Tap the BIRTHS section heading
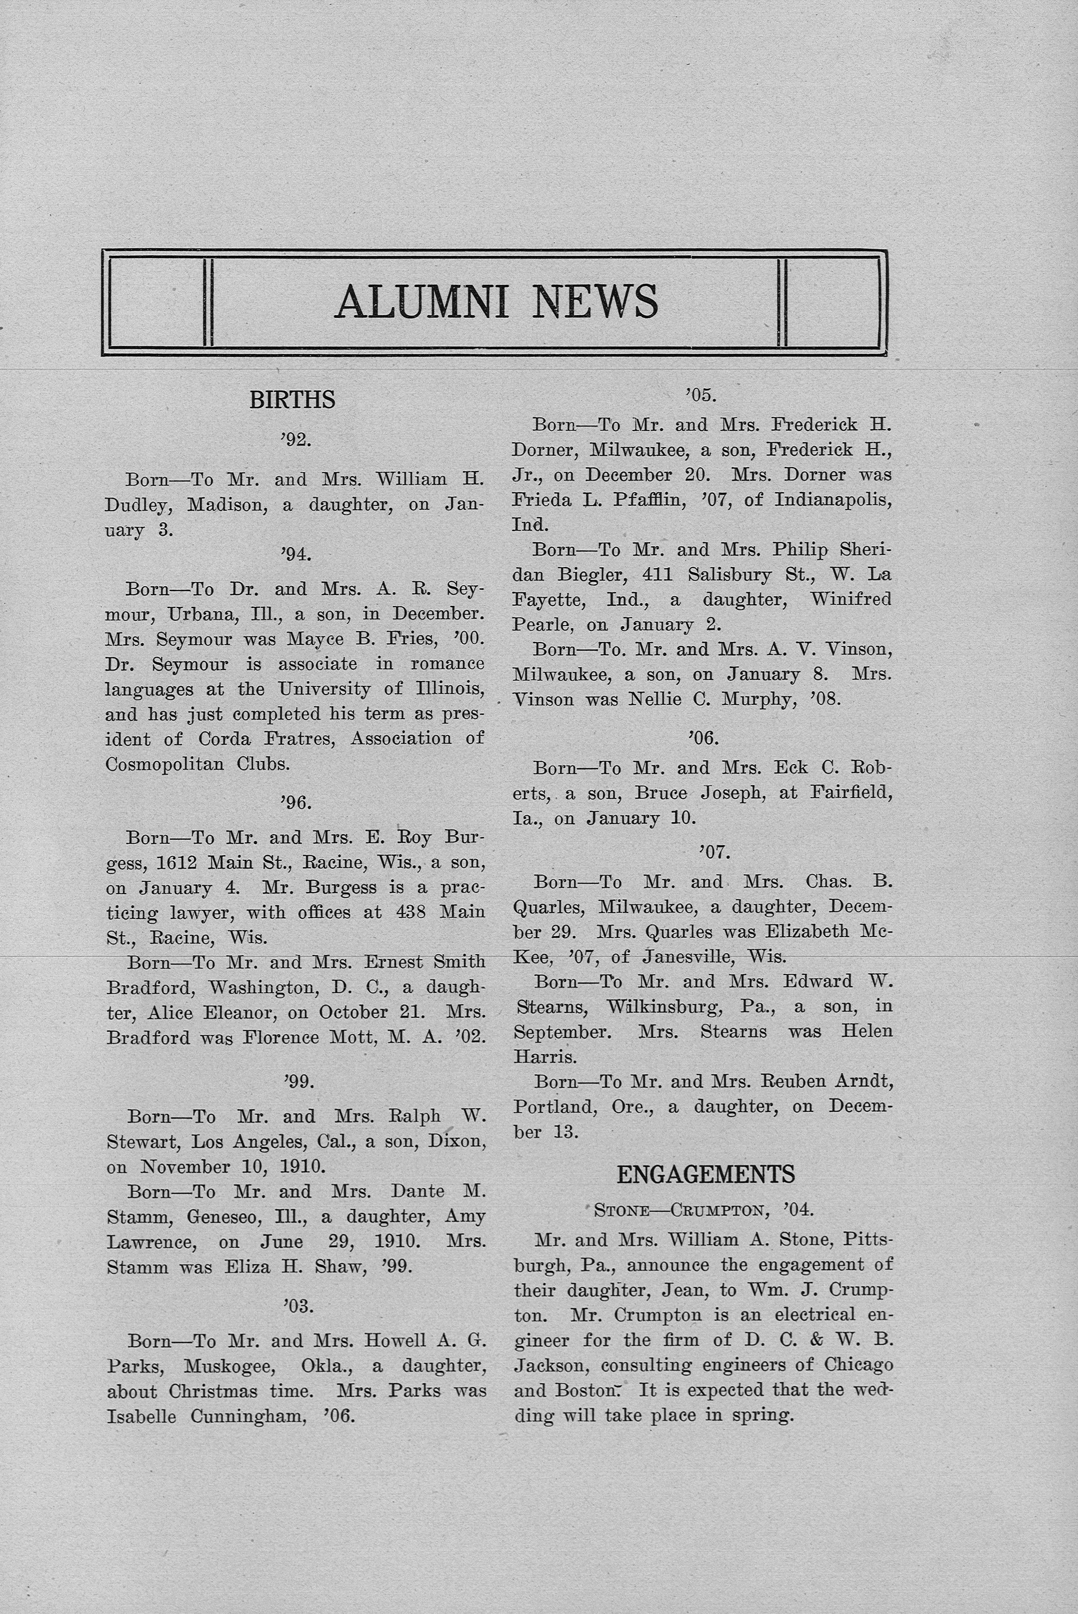(292, 400)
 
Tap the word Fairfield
(851, 793)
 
